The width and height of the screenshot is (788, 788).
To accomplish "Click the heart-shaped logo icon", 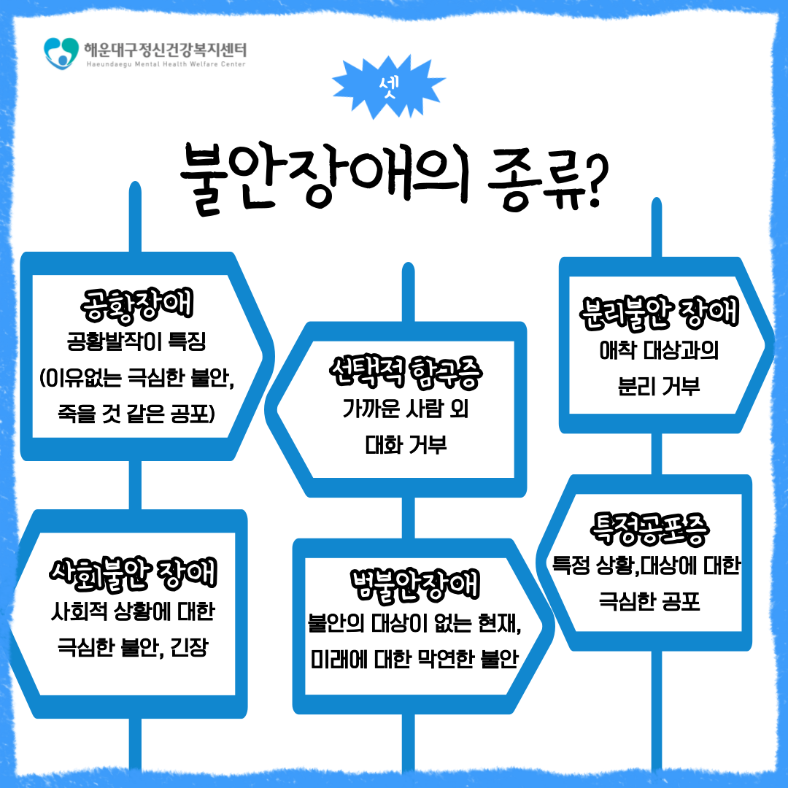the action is point(61,53).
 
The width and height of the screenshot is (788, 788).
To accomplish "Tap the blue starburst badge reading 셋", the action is point(388,87).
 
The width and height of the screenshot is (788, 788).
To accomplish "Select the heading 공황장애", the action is point(136,304).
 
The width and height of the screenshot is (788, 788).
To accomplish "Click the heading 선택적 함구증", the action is point(406,372).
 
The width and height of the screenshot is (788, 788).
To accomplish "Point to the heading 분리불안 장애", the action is point(659,312).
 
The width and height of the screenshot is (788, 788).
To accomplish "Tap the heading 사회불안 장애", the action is point(134,573).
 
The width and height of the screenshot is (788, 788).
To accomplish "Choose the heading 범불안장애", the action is point(414,585).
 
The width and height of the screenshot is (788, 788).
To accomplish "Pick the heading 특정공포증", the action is point(649,529).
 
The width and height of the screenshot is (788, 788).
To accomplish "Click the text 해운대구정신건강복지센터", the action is point(166,50).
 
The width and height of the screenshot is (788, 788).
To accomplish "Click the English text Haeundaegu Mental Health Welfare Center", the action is point(166,64).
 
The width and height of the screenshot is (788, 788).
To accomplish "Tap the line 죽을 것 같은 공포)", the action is point(136,414).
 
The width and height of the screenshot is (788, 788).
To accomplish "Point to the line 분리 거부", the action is point(659,387).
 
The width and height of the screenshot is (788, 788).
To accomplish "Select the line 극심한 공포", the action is point(649,601).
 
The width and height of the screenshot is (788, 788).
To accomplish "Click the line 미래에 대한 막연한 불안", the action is point(414,659).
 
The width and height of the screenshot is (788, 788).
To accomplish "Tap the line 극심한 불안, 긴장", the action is point(133,646).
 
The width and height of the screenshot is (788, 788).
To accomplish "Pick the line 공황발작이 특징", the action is point(136,341).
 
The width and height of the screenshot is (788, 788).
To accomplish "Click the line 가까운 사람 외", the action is point(406,409).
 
